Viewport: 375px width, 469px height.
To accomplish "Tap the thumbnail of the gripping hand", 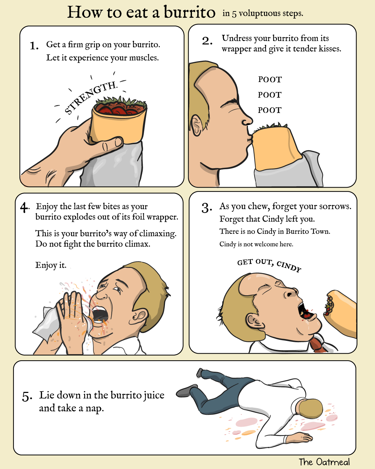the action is pos(119,142).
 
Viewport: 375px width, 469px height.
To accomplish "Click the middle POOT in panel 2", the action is pos(270,95).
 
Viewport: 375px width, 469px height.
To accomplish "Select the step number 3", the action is pos(206,208).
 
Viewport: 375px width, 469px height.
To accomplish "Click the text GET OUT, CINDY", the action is pos(269,265).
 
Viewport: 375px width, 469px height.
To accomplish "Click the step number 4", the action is pos(25,208).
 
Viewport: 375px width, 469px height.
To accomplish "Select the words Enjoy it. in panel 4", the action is pos(51,265).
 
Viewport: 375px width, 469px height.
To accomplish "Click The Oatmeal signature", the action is pos(324,462).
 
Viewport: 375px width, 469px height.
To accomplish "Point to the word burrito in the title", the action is pos(189,12).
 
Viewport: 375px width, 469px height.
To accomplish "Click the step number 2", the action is pos(207,41).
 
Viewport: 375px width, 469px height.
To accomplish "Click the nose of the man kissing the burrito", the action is pos(248,120).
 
